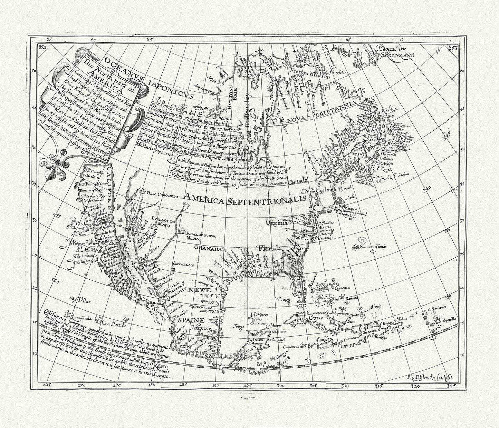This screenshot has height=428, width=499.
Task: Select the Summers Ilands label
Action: (x=374, y=247)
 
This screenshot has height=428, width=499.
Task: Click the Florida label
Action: (x=269, y=248)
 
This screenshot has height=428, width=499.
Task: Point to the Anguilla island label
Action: (x=449, y=319)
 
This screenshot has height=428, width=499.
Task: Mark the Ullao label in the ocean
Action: (x=83, y=300)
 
